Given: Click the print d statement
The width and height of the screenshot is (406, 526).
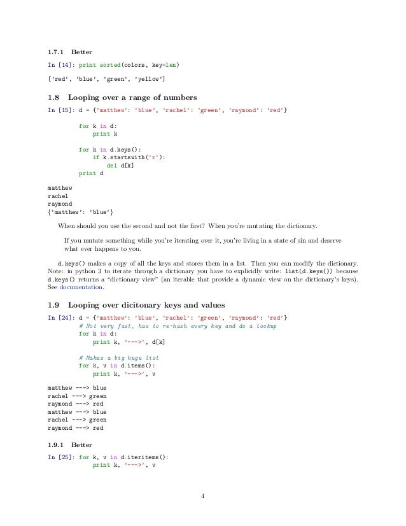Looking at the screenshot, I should tap(92, 173).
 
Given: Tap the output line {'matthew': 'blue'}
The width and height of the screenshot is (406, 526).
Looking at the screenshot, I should tap(81, 211).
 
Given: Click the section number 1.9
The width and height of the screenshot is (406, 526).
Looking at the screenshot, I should tap(54, 303).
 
